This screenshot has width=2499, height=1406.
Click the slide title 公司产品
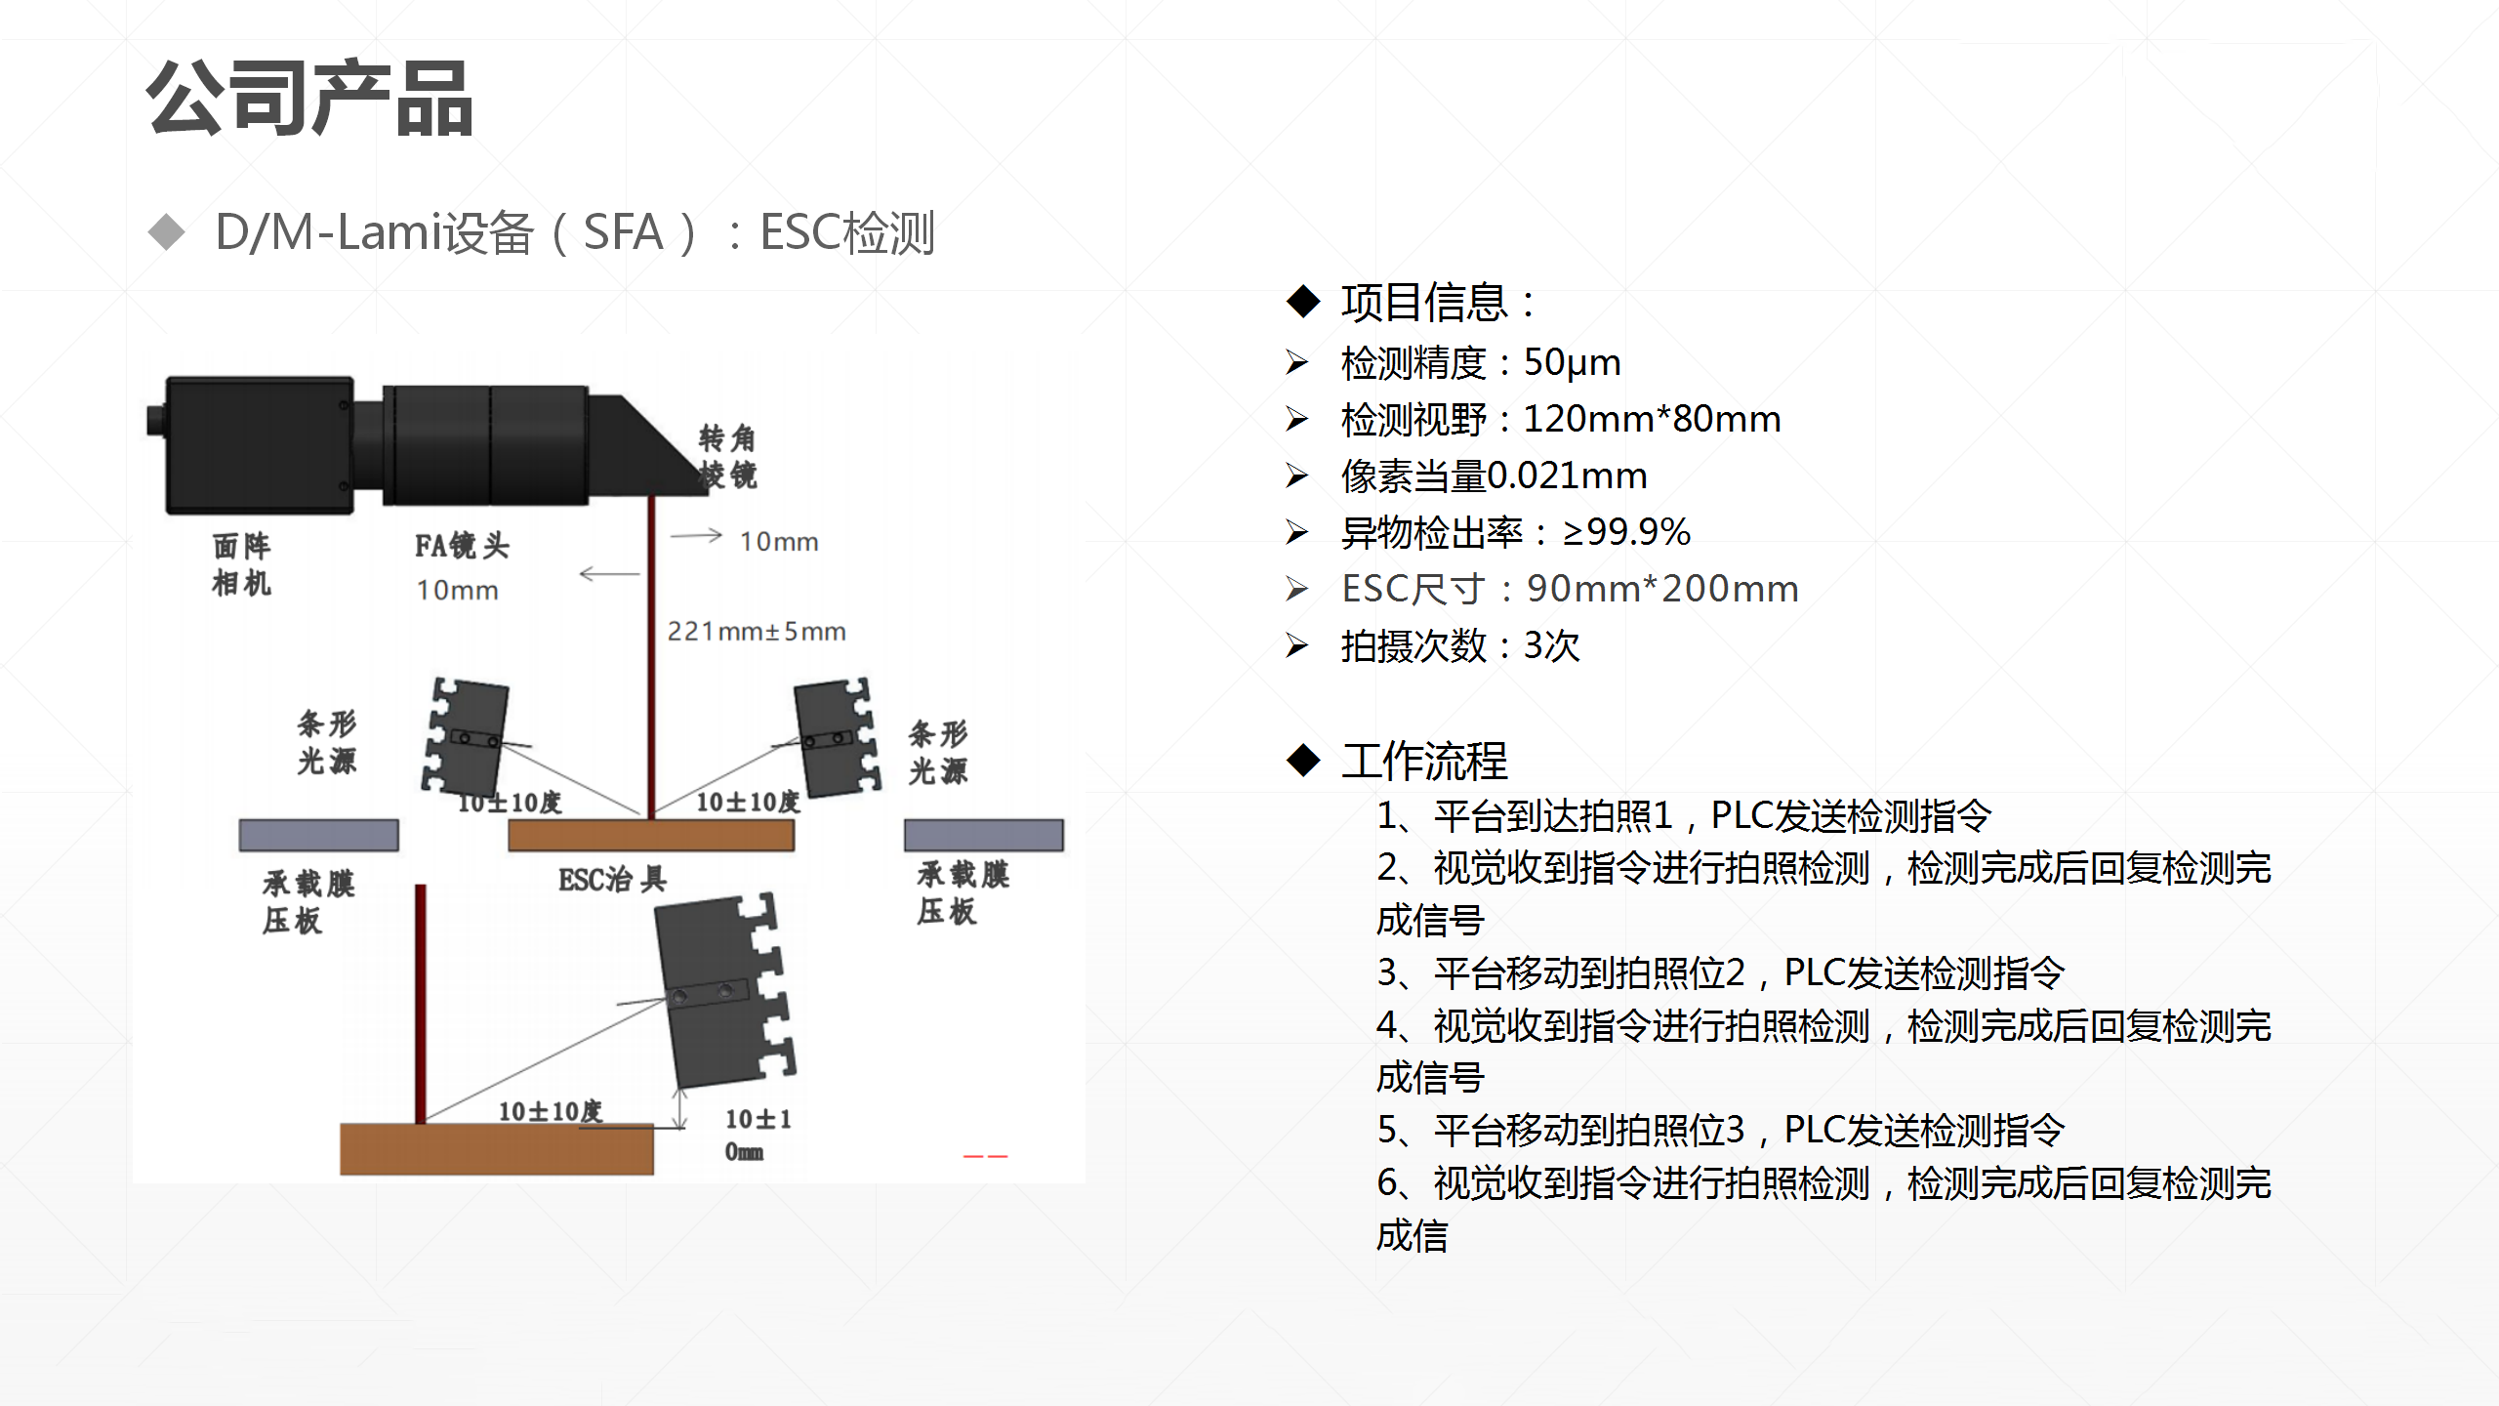click(x=309, y=98)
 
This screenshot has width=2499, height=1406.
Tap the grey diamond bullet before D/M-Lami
click(x=167, y=232)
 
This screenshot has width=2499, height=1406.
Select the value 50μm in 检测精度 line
click(x=1572, y=362)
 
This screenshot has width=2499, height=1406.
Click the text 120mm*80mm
click(x=1652, y=419)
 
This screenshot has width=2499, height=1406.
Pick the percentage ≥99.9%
click(x=1626, y=532)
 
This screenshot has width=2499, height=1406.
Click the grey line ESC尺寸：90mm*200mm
click(x=1569, y=589)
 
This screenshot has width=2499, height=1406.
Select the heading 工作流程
click(x=1424, y=761)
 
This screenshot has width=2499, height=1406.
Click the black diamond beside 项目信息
click(x=1303, y=302)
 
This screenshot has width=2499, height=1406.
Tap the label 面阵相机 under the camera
click(x=242, y=564)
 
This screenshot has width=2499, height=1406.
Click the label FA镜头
click(x=462, y=545)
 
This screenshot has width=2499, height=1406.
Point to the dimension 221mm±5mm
click(x=757, y=632)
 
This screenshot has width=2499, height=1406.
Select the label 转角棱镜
click(x=728, y=456)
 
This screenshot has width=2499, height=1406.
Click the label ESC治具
click(x=613, y=880)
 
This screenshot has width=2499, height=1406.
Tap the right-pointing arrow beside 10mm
click(x=696, y=535)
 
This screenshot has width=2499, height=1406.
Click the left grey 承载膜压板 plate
click(x=318, y=835)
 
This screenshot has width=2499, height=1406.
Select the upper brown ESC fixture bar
click(x=651, y=835)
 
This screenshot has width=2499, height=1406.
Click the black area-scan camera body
click(x=260, y=445)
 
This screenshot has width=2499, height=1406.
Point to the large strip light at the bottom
click(x=722, y=991)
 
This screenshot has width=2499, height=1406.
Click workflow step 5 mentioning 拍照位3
click(x=1720, y=1130)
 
